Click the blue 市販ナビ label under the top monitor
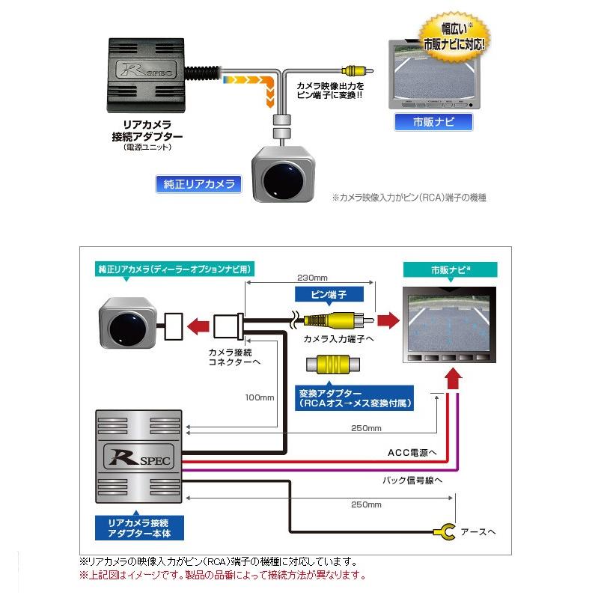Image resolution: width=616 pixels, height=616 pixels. point(433,121)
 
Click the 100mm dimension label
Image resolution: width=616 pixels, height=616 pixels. point(260,397)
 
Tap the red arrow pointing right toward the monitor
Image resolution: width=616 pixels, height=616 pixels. point(387,320)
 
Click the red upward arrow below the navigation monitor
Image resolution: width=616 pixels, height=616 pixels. point(453,381)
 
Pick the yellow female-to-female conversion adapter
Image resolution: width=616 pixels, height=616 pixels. point(332,366)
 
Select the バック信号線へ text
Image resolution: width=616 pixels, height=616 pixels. point(413,480)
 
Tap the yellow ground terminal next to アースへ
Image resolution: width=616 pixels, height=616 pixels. point(445,532)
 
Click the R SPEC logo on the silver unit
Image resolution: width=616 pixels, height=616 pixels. point(139,456)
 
